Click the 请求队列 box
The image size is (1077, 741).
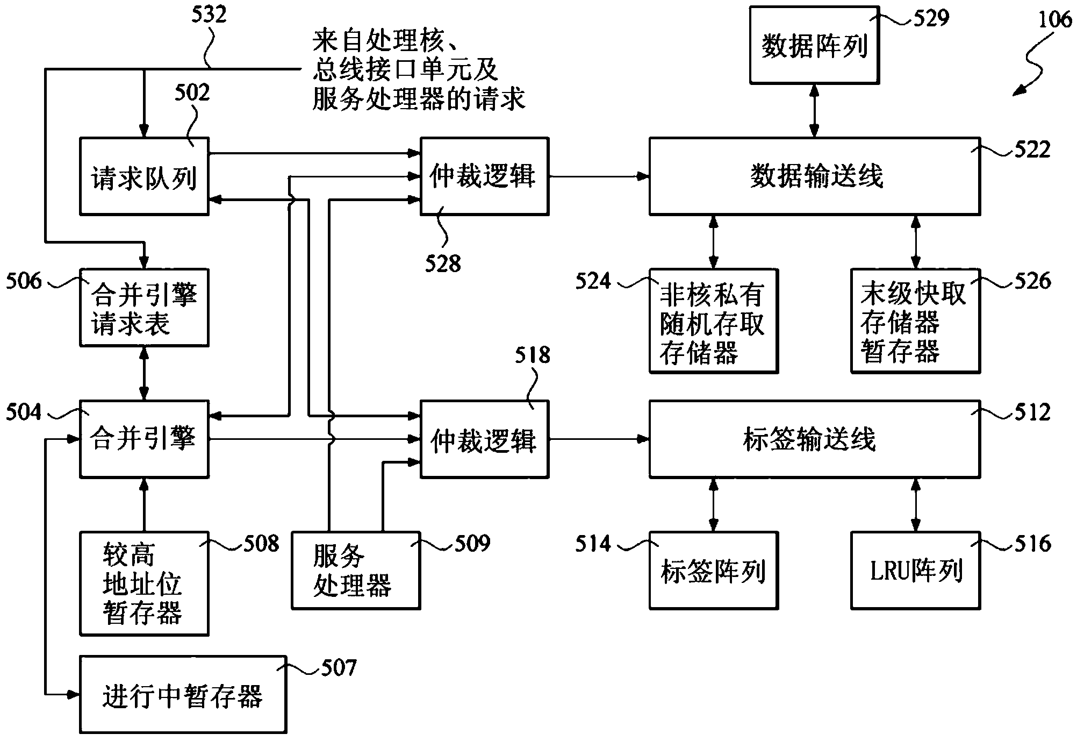[x=144, y=177]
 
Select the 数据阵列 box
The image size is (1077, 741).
[x=814, y=45]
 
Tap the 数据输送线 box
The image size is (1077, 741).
[x=814, y=176]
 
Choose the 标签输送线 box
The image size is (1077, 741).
[x=814, y=439]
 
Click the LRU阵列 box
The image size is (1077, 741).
[x=915, y=571]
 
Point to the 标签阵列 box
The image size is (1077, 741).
[x=713, y=571]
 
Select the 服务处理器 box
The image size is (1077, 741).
[x=355, y=571]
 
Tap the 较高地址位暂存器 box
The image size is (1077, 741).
[x=144, y=584]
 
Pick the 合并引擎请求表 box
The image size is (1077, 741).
[x=144, y=308]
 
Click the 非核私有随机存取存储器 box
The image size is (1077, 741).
[x=713, y=322]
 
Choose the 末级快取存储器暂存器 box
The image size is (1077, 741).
[x=915, y=322]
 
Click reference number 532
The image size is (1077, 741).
[x=209, y=15]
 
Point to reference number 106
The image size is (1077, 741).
[x=1054, y=20]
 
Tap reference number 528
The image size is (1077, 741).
[x=442, y=264]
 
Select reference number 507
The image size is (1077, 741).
[x=339, y=668]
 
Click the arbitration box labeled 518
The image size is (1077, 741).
[x=484, y=439]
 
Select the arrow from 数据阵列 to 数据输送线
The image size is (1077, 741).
[x=814, y=111]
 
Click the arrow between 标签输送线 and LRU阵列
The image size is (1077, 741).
[x=915, y=505]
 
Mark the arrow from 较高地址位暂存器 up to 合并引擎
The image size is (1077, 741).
[x=143, y=505]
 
